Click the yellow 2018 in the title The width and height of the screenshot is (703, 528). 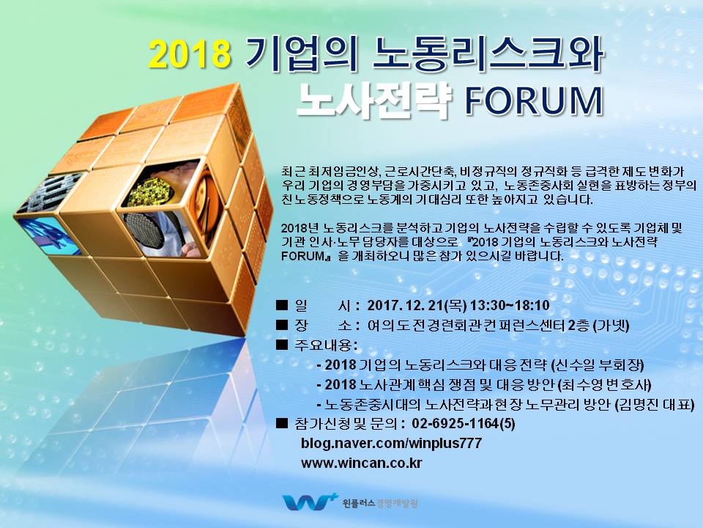pos(190,54)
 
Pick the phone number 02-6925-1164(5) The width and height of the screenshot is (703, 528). pos(463,423)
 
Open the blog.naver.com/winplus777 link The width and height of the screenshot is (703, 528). pos(391,443)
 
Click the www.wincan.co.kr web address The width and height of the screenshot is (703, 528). pos(361,463)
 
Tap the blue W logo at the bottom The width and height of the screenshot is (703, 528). pos(309,502)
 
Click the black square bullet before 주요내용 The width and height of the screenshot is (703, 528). pos(281,345)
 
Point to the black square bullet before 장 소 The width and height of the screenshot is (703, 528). pos(281,325)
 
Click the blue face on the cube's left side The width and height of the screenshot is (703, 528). pos(51,235)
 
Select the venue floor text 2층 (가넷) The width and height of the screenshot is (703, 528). pos(598,326)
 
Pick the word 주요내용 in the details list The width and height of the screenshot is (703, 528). pos(323,345)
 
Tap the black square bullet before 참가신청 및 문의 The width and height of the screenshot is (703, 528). pos(281,423)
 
